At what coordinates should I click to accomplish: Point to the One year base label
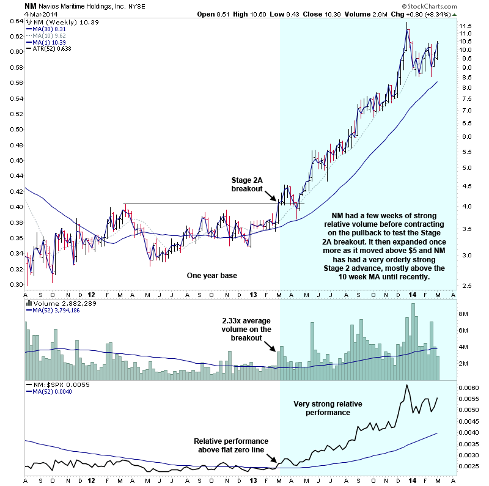211,276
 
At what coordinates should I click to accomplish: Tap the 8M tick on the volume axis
463,314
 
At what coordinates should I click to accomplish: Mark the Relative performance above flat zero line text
230,446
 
